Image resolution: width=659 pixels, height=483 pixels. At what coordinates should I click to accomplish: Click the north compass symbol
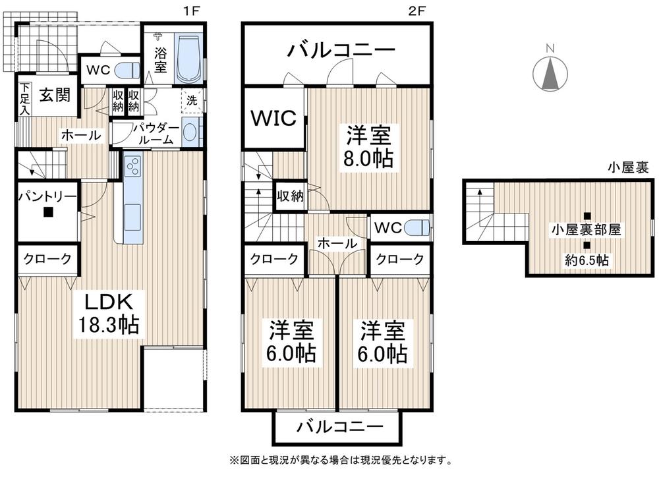[552, 72]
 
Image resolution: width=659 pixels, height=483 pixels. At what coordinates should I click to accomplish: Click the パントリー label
[47, 196]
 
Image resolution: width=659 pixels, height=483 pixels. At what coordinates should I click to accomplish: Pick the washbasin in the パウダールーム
[190, 134]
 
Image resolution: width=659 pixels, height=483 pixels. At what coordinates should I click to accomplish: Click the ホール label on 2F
[337, 244]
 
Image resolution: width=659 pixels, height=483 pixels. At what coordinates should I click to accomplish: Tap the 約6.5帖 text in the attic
[587, 261]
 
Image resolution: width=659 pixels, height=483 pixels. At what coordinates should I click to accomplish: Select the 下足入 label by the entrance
[24, 99]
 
